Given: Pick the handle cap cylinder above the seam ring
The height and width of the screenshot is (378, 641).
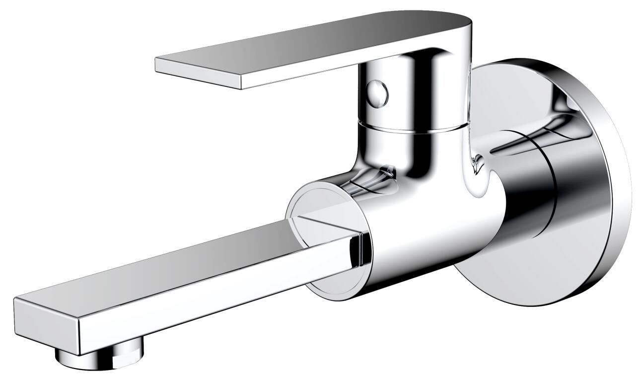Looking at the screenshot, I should [x=412, y=89].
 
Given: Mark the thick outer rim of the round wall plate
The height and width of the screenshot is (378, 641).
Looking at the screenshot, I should [x=616, y=199].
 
